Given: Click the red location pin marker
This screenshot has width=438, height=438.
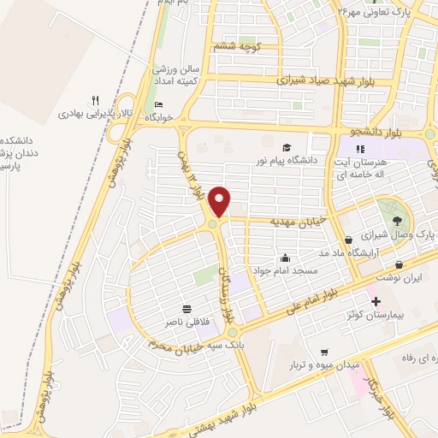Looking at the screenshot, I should click(x=220, y=201).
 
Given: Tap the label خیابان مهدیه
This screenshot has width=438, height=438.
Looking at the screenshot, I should click(x=299, y=221).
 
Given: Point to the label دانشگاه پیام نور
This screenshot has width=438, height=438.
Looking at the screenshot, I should click(x=287, y=159).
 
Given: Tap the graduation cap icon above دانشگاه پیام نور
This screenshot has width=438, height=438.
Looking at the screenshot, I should click(x=287, y=147).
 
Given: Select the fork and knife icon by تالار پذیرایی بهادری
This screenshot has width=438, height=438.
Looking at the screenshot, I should click(x=97, y=100).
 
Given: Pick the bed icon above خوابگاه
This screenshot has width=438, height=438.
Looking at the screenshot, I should click(x=158, y=105).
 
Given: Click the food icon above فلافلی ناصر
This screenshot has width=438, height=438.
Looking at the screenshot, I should click(x=186, y=310).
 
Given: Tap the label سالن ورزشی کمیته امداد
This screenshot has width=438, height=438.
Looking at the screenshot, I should click(x=177, y=74).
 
